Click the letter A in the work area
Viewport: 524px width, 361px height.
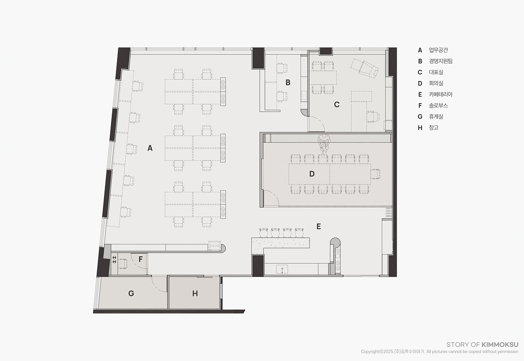click(150, 148)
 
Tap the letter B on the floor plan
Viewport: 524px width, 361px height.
click(288, 82)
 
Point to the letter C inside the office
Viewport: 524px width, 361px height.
click(337, 104)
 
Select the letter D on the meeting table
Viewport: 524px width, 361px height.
click(312, 174)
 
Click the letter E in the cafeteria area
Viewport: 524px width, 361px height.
click(318, 226)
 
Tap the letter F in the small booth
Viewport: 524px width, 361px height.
click(140, 259)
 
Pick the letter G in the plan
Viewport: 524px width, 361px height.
click(131, 293)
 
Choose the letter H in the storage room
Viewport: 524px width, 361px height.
click(195, 293)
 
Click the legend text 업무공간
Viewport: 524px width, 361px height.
click(438, 50)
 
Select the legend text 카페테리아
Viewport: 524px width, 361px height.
click(440, 94)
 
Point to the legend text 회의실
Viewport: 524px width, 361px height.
click(436, 83)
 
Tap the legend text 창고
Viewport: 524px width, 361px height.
click(434, 127)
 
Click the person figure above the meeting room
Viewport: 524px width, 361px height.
click(324, 144)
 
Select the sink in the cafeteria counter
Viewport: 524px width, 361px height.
click(282, 269)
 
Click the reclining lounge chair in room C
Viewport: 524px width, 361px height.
click(364, 68)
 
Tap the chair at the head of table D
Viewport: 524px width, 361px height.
click(375, 174)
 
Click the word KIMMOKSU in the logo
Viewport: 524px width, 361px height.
click(500, 345)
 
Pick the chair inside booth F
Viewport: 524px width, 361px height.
click(122, 264)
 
